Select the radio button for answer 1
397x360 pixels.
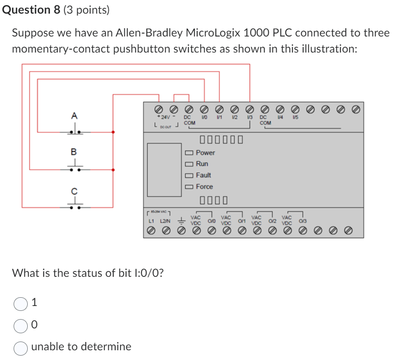(20, 304)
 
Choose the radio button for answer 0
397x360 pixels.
(20, 324)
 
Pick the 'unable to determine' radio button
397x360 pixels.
(20, 347)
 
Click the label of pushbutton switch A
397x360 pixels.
(74, 116)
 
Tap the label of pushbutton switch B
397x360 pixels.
(74, 152)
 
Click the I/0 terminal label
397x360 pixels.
(205, 118)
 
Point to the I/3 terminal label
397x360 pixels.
(249, 118)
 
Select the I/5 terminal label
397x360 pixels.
(295, 118)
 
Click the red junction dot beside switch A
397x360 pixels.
(113, 132)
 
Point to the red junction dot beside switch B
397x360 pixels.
(113, 170)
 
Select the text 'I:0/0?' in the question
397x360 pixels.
(146, 273)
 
